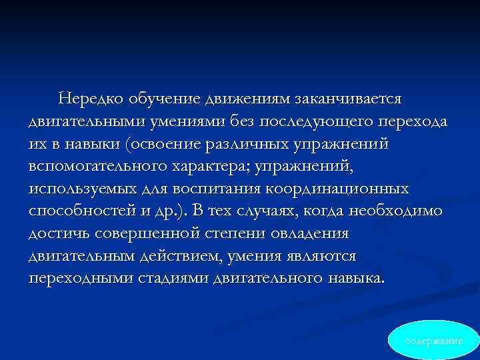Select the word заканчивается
pyautogui.click(x=356, y=99)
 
